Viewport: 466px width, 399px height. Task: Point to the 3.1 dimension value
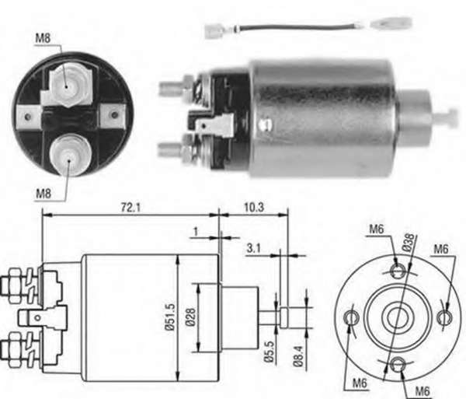(254, 248)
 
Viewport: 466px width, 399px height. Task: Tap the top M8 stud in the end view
(67, 85)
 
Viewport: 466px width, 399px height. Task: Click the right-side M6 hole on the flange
(445, 317)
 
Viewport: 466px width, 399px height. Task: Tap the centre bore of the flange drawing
(398, 317)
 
